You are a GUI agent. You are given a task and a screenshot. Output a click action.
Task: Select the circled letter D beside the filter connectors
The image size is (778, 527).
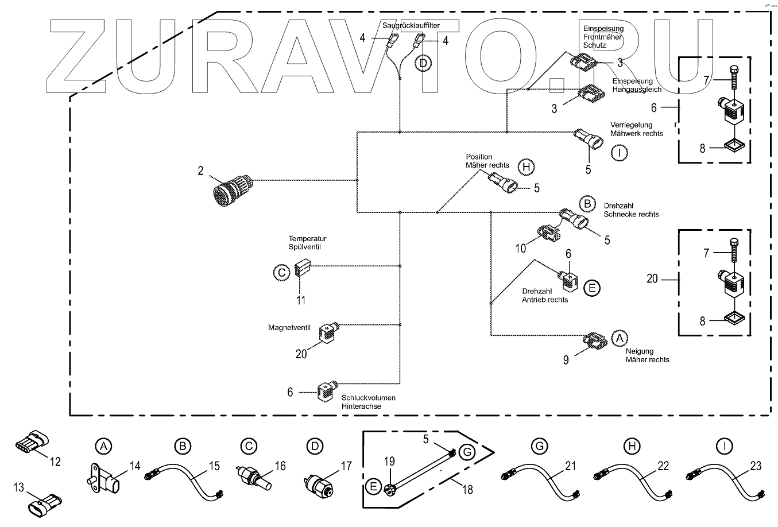pyautogui.click(x=423, y=63)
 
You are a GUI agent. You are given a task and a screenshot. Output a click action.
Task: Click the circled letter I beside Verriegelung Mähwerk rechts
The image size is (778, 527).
pyautogui.click(x=619, y=153)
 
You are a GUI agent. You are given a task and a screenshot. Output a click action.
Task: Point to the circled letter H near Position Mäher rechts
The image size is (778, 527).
pyautogui.click(x=525, y=167)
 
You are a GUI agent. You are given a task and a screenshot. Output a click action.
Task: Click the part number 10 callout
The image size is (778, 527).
pyautogui.click(x=520, y=248)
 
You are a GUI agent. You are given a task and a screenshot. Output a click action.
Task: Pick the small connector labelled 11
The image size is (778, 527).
pyautogui.click(x=302, y=268)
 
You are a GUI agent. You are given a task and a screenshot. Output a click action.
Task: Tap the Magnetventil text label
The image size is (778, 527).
pyautogui.click(x=289, y=328)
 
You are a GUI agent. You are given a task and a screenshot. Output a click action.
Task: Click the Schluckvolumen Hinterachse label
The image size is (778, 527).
pyautogui.click(x=368, y=402)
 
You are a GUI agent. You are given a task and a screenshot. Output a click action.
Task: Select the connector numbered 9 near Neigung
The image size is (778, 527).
pyautogui.click(x=594, y=340)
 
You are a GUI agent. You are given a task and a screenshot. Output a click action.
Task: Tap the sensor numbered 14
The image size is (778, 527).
pyautogui.click(x=106, y=475)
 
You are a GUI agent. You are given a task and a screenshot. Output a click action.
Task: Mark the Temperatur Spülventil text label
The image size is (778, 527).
pyautogui.click(x=307, y=242)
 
